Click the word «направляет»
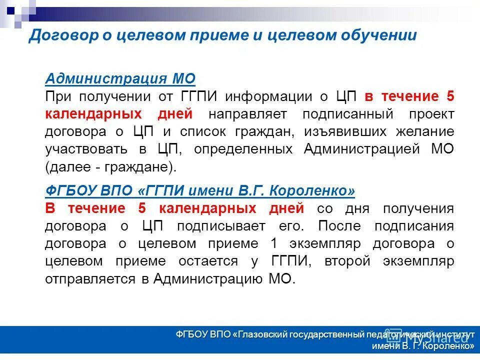click(x=247, y=113)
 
